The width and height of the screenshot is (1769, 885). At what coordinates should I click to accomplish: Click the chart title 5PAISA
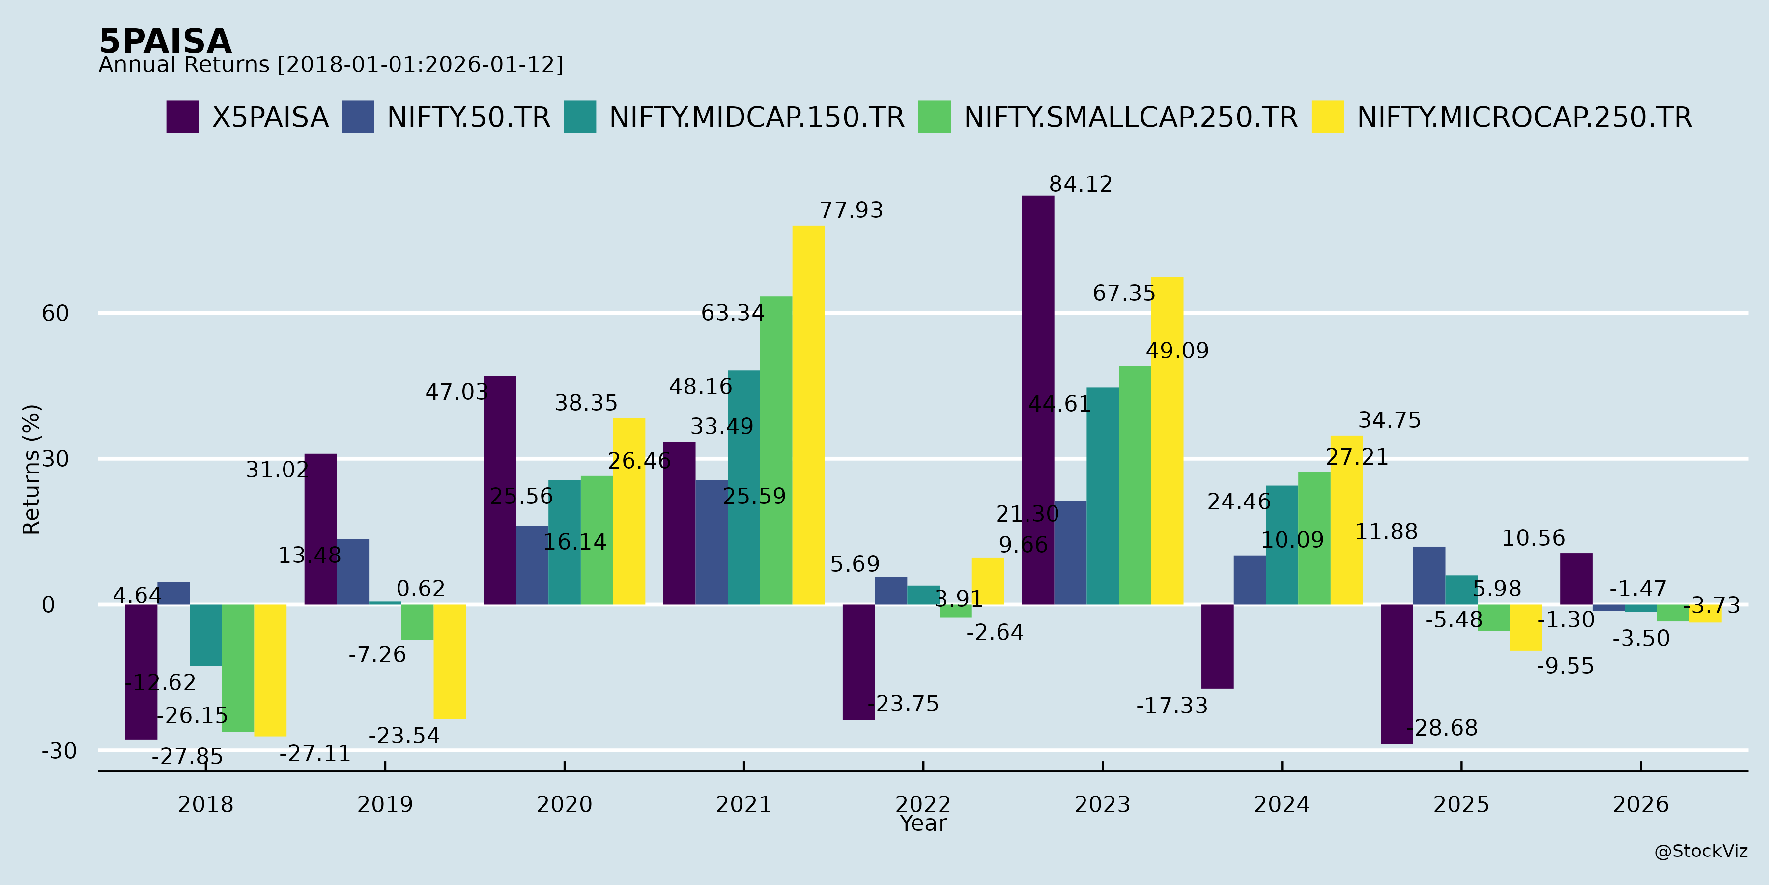point(166,41)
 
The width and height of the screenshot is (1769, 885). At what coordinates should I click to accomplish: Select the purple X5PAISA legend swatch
point(183,117)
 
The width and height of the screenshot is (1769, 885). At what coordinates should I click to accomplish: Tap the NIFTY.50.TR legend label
point(468,118)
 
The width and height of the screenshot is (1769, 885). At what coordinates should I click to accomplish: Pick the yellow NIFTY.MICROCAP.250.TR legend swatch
point(1327,117)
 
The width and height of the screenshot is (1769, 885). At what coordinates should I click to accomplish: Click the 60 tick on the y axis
point(55,313)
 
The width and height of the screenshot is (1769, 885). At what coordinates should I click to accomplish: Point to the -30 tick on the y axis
point(59,750)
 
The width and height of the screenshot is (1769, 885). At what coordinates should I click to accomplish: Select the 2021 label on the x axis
point(744,804)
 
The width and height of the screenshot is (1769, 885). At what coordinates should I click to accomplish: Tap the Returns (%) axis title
point(31,470)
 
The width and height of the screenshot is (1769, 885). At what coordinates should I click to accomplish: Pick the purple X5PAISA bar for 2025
point(1397,674)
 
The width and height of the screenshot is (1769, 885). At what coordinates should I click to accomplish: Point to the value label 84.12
point(1080,184)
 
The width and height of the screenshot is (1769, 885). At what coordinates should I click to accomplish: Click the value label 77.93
point(851,210)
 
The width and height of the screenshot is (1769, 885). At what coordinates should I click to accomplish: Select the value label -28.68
point(1442,728)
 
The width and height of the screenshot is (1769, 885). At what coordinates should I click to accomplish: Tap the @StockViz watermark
point(1700,852)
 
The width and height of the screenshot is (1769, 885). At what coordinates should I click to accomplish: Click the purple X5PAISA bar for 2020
point(500,490)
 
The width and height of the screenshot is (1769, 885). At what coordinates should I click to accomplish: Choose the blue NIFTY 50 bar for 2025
point(1429,576)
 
